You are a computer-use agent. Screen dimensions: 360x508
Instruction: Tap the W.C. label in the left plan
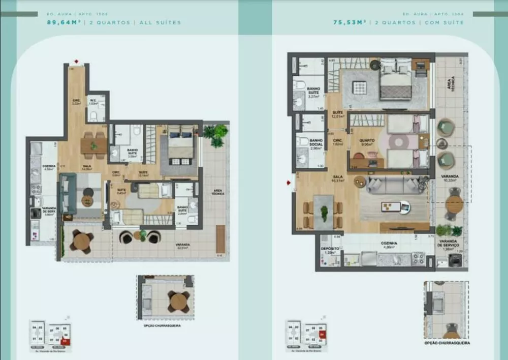pyautogui.click(x=93, y=101)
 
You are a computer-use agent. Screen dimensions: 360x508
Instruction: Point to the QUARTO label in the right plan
pyautogui.click(x=367, y=141)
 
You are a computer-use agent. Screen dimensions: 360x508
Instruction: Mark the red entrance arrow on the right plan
pyautogui.click(x=289, y=182)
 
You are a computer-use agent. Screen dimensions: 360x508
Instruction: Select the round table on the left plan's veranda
pyautogui.click(x=81, y=241)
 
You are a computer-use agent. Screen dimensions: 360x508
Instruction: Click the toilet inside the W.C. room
pyautogui.click(x=94, y=115)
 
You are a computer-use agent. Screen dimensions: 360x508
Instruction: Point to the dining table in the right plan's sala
pyautogui.click(x=324, y=212)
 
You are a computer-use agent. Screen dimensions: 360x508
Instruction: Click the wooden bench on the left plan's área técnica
pyautogui.click(x=220, y=238)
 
